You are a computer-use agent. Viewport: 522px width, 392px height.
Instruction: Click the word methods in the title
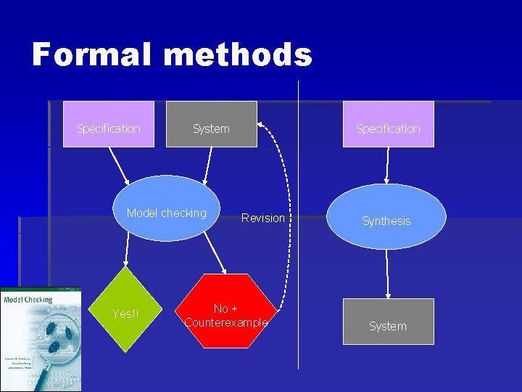239,54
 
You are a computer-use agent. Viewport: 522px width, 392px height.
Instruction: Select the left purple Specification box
109,124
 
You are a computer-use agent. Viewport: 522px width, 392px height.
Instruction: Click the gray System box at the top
211,124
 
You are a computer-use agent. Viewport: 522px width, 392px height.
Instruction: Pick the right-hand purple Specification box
388,124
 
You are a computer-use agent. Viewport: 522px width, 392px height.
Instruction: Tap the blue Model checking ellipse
167,208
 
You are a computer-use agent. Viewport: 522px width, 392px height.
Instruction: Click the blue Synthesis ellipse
386,217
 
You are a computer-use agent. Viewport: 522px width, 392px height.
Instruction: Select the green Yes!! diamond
125,311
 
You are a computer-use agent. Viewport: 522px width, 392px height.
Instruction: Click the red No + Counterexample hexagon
226,311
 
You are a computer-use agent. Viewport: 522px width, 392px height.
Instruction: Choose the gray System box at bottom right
387,322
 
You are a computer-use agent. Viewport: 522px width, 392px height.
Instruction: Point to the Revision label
262,218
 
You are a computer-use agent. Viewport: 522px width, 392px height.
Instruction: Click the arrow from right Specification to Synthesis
388,165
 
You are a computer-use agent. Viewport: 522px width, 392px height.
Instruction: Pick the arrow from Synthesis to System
388,274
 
